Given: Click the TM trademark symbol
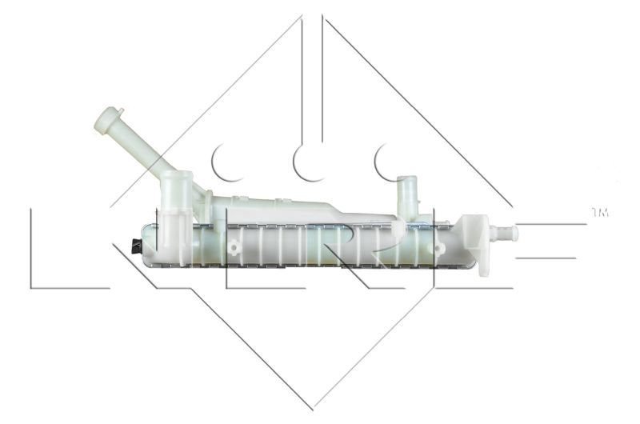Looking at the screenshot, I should click(599, 213).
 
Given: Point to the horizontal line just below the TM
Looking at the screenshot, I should click(552, 223).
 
